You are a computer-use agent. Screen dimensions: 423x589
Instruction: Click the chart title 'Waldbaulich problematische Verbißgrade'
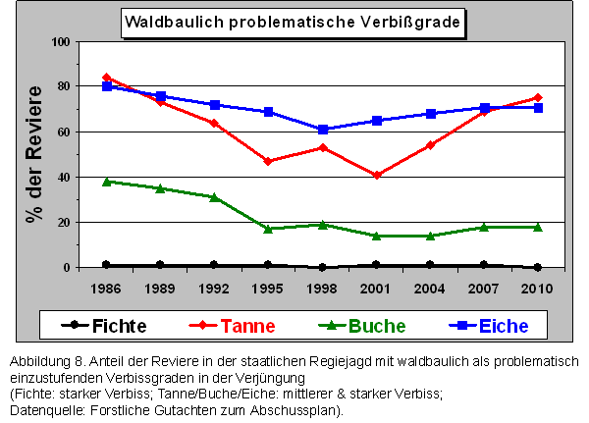click(x=292, y=21)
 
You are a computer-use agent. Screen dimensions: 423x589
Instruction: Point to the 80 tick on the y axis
click(x=64, y=86)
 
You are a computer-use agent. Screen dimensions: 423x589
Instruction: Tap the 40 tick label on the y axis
click(x=64, y=178)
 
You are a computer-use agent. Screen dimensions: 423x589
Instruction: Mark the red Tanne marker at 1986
click(x=106, y=77)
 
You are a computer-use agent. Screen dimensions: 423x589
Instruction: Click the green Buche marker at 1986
click(x=106, y=182)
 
